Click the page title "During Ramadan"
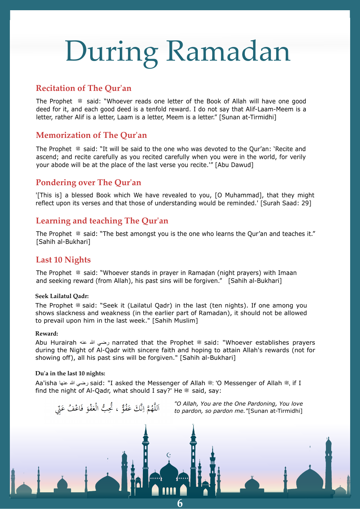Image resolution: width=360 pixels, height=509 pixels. pos(178,52)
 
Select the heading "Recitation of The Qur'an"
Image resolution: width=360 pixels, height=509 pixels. pos(83,88)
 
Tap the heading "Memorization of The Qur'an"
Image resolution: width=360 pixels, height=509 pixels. pos(91,135)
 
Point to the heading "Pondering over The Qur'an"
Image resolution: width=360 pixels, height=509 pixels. pos(88,183)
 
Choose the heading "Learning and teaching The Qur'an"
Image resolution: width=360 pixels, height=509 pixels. pos(102,221)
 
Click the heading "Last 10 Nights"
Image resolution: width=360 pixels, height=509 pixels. pos(63,260)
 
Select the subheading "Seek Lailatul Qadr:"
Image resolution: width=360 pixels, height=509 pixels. pos(62,296)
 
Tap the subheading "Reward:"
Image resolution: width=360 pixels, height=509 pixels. pos(47,334)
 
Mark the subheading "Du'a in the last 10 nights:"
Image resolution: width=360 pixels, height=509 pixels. pos(70,373)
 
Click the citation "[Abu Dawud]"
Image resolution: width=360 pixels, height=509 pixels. pos(234,165)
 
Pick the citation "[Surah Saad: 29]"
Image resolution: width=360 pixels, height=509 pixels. pos(286,203)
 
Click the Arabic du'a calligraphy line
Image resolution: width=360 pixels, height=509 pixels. pos(108,408)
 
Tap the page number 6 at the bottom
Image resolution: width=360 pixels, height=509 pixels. pos(180,503)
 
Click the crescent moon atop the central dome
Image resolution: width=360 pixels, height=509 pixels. pos(169,455)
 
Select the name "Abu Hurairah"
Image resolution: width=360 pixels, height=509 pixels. pos(56,343)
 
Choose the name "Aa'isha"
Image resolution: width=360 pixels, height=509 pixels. pos(46,383)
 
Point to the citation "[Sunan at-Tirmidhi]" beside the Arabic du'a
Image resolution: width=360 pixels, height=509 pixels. pos(275,411)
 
